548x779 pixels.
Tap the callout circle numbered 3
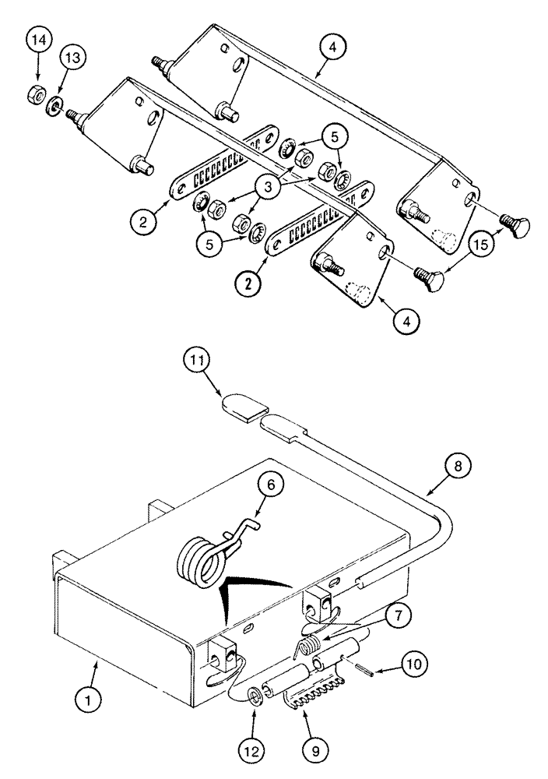coord(268,188)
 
